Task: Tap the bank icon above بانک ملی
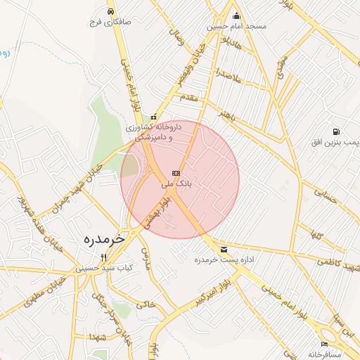[176, 173]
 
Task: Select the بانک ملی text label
[176, 184]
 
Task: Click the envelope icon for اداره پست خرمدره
[224, 250]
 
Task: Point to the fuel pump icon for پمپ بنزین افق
[336, 131]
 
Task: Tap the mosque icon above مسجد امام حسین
[236, 16]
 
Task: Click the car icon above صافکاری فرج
[111, 11]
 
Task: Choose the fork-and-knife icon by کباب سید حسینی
[104, 257]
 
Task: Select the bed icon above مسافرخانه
[323, 344]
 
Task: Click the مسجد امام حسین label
[236, 27]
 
